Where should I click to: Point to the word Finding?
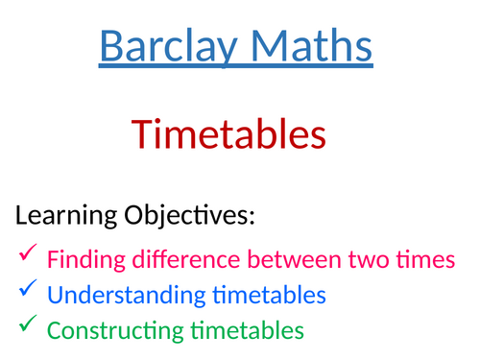(81, 259)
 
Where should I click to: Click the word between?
(294, 259)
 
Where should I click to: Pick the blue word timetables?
(261, 295)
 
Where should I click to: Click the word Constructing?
(107, 331)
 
